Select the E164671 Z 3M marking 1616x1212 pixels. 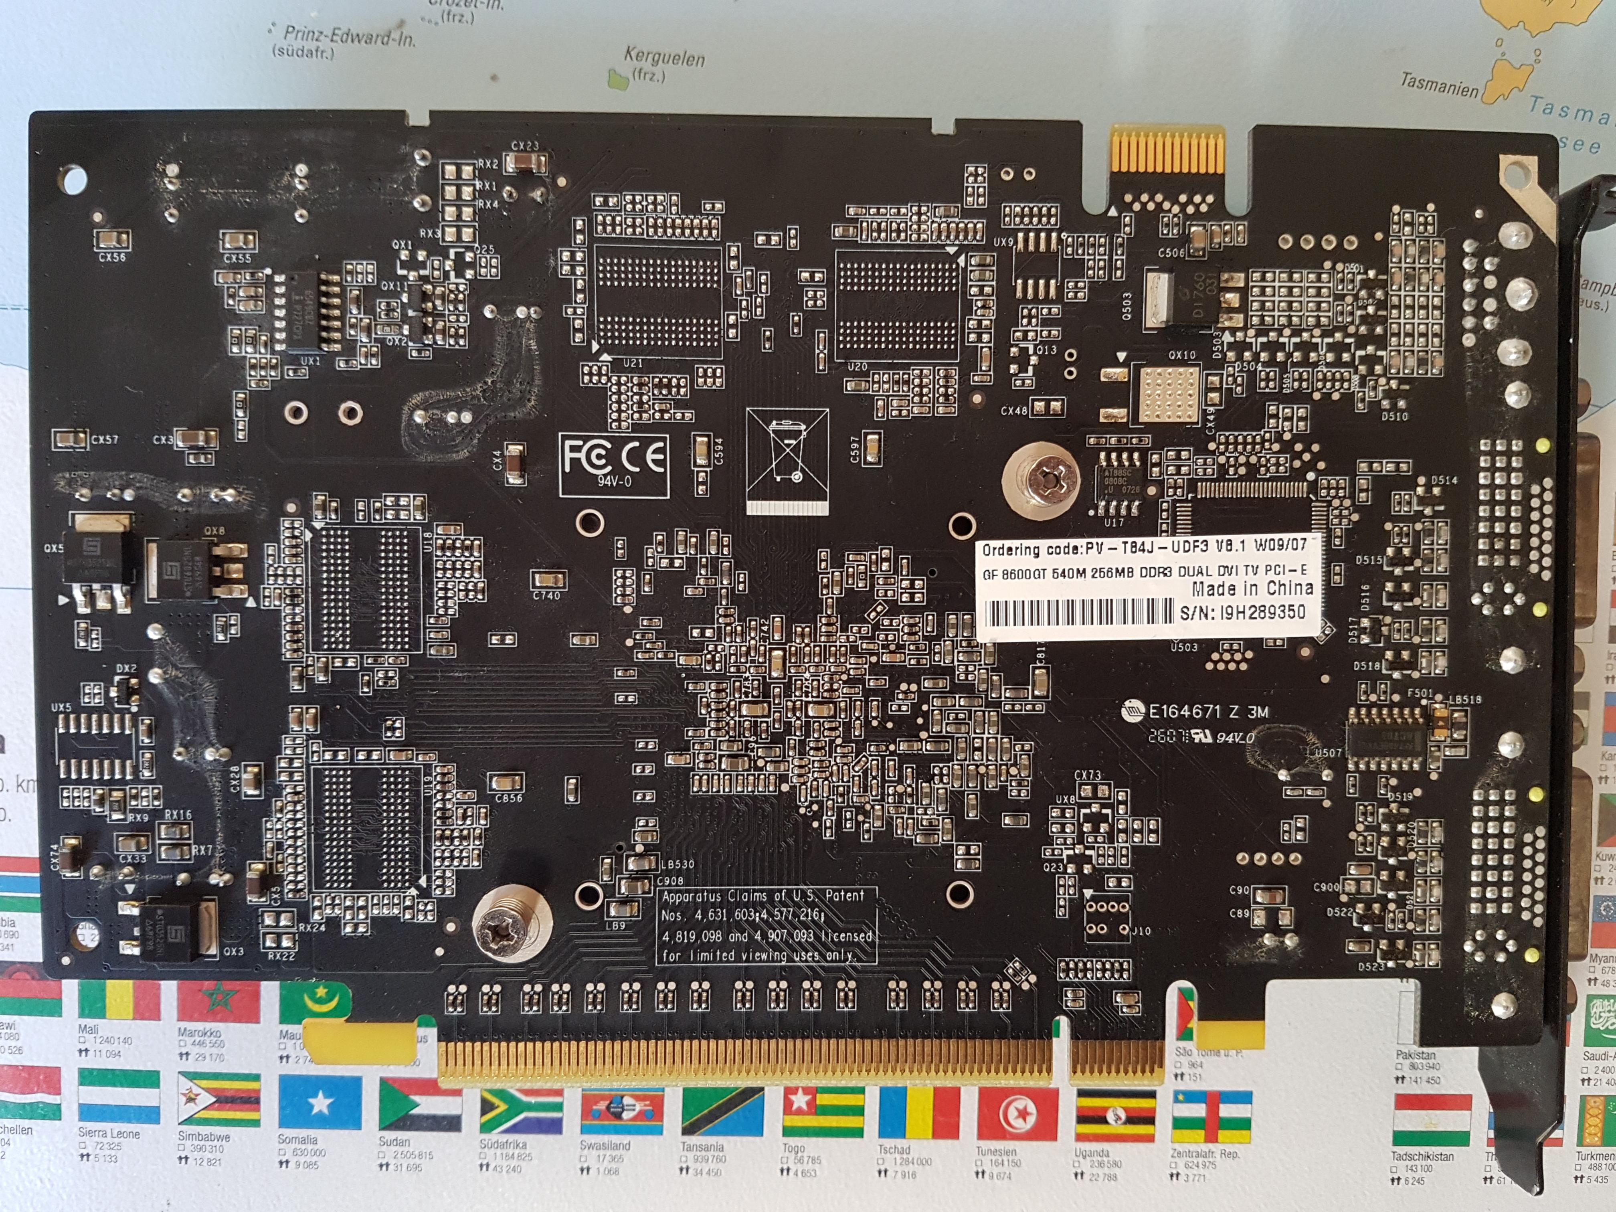(1207, 712)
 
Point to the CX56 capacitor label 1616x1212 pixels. (113, 257)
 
